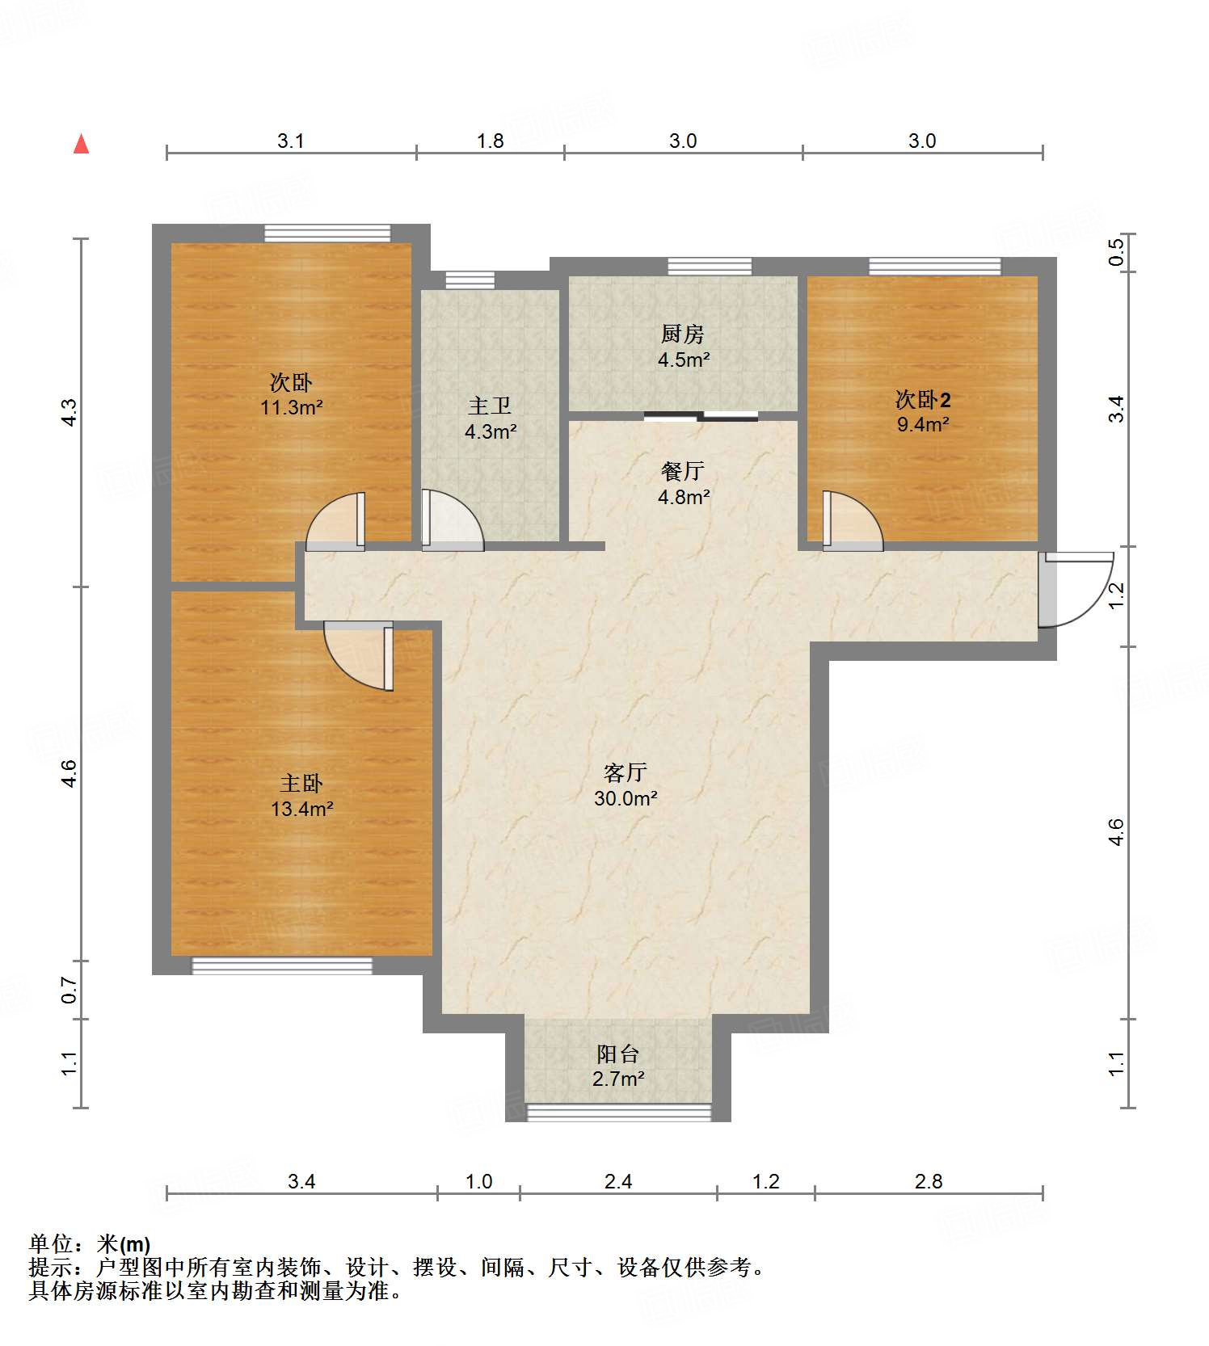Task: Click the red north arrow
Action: (x=81, y=144)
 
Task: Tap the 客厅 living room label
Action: (x=626, y=785)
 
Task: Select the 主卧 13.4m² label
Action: (x=302, y=796)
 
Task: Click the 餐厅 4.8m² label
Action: (x=683, y=483)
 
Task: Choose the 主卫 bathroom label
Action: (x=491, y=419)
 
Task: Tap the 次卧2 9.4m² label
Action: (x=923, y=411)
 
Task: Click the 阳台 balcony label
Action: (x=618, y=1066)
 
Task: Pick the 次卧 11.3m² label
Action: (x=291, y=394)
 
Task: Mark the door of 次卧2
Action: (x=853, y=521)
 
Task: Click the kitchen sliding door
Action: (x=701, y=416)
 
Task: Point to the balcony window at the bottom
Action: (x=619, y=1113)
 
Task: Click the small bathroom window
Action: (x=470, y=280)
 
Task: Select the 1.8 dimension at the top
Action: (x=490, y=141)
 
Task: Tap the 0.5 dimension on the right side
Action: (x=1116, y=252)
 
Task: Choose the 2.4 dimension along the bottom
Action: (x=618, y=1182)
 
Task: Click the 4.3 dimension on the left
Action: (x=70, y=413)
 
